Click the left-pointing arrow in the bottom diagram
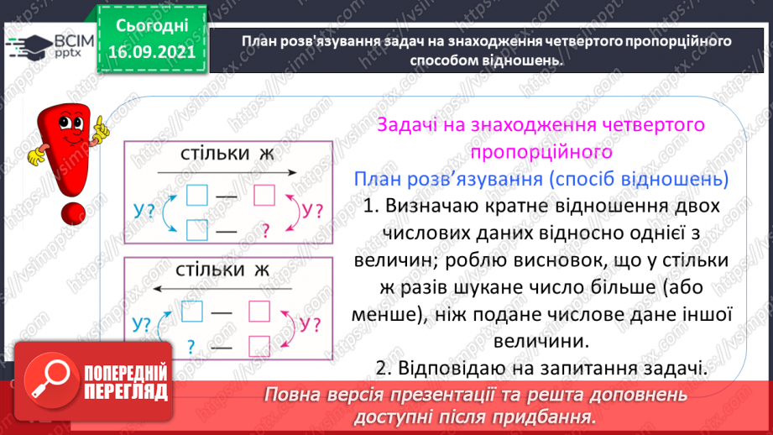[227, 287]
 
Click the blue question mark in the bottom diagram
[191, 345]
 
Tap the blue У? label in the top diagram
[146, 212]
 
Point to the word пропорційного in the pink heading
[541, 153]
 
